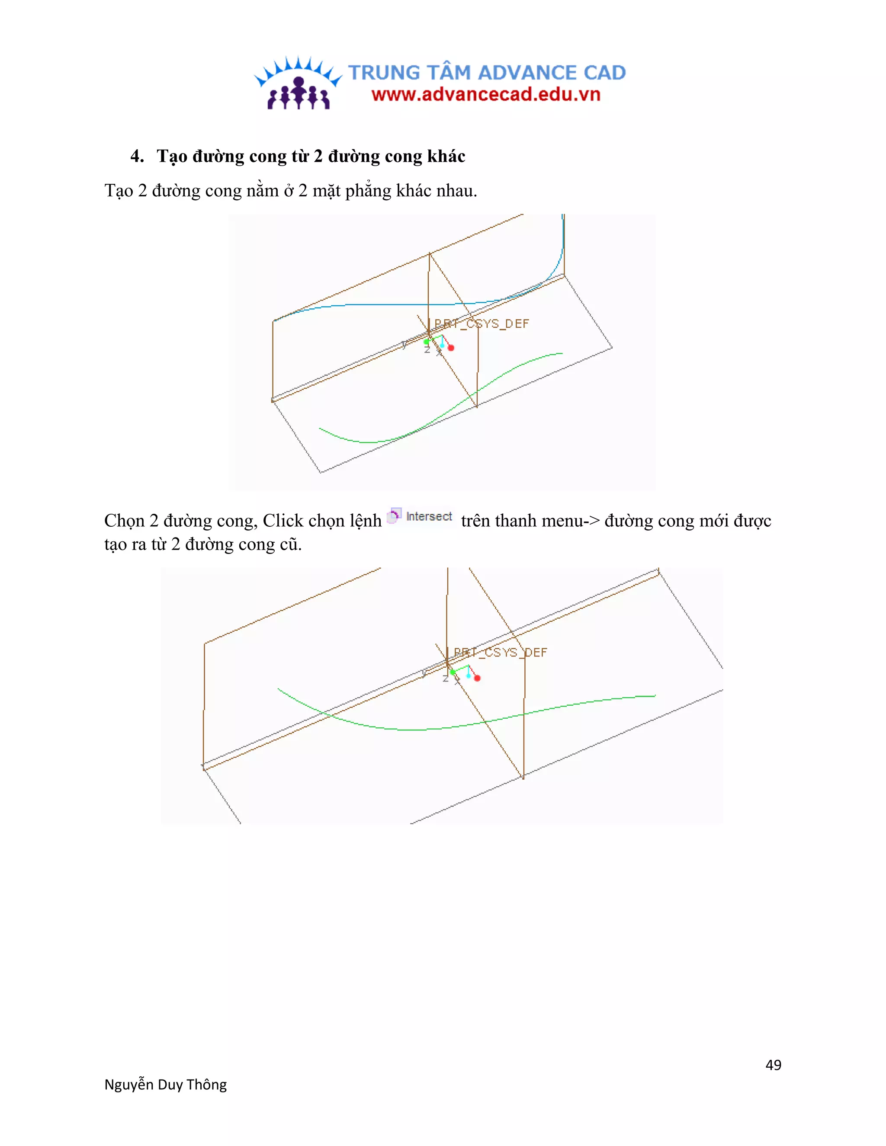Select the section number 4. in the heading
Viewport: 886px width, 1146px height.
tap(137, 157)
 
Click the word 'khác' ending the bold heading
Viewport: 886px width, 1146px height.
tap(446, 157)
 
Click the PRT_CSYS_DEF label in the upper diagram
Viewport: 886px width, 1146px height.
tap(482, 324)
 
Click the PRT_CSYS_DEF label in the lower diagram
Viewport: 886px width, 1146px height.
tap(500, 652)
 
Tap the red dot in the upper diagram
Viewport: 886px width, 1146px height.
tap(451, 348)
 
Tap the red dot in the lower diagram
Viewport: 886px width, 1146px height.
tap(477, 679)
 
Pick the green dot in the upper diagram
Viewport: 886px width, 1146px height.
tap(426, 342)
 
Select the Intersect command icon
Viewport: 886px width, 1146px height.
tap(394, 516)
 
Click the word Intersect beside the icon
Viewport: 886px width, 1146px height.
tap(429, 517)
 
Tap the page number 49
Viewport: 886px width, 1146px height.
tap(773, 1065)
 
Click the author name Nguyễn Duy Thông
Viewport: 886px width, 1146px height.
tap(165, 1085)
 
